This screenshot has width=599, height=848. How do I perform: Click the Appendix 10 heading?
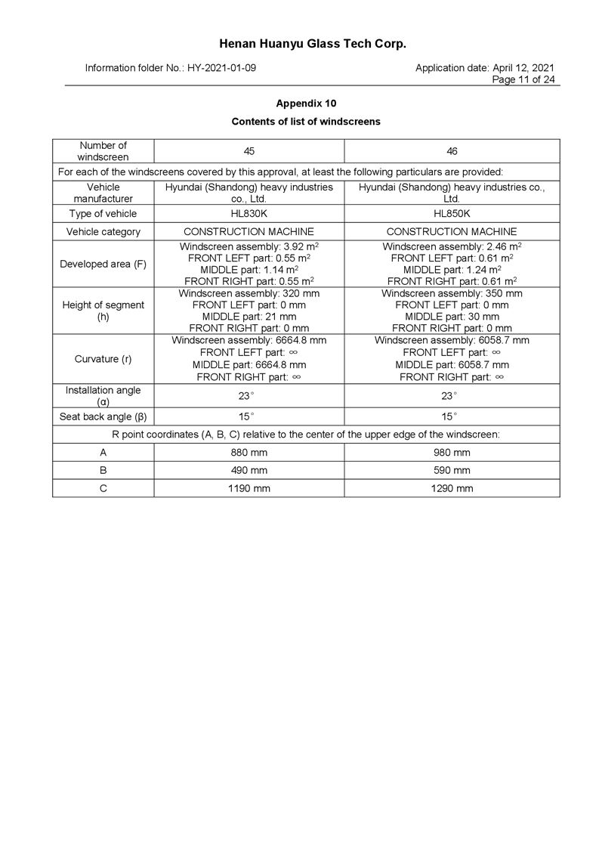(x=306, y=103)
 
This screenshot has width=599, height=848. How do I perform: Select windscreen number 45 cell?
(x=249, y=151)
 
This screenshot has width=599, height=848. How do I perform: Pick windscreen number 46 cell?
(x=452, y=151)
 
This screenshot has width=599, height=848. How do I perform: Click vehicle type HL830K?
(x=249, y=214)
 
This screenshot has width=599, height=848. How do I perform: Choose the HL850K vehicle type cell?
(x=452, y=214)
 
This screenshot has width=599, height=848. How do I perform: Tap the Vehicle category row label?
(x=103, y=232)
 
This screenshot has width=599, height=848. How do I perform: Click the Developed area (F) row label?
(x=103, y=264)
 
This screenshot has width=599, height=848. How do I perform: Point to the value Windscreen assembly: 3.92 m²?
(x=249, y=246)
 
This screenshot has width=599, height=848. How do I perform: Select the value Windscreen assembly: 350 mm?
(x=452, y=293)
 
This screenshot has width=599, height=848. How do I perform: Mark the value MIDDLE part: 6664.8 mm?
(x=249, y=364)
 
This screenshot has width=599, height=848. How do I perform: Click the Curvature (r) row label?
(x=103, y=359)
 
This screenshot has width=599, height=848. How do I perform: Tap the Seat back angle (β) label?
(x=103, y=416)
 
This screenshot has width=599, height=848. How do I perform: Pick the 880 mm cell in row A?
(x=249, y=453)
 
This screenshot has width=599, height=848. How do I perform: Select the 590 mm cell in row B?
(x=452, y=470)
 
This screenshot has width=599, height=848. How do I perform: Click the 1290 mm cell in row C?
(x=452, y=488)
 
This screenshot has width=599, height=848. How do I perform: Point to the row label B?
(x=103, y=470)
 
